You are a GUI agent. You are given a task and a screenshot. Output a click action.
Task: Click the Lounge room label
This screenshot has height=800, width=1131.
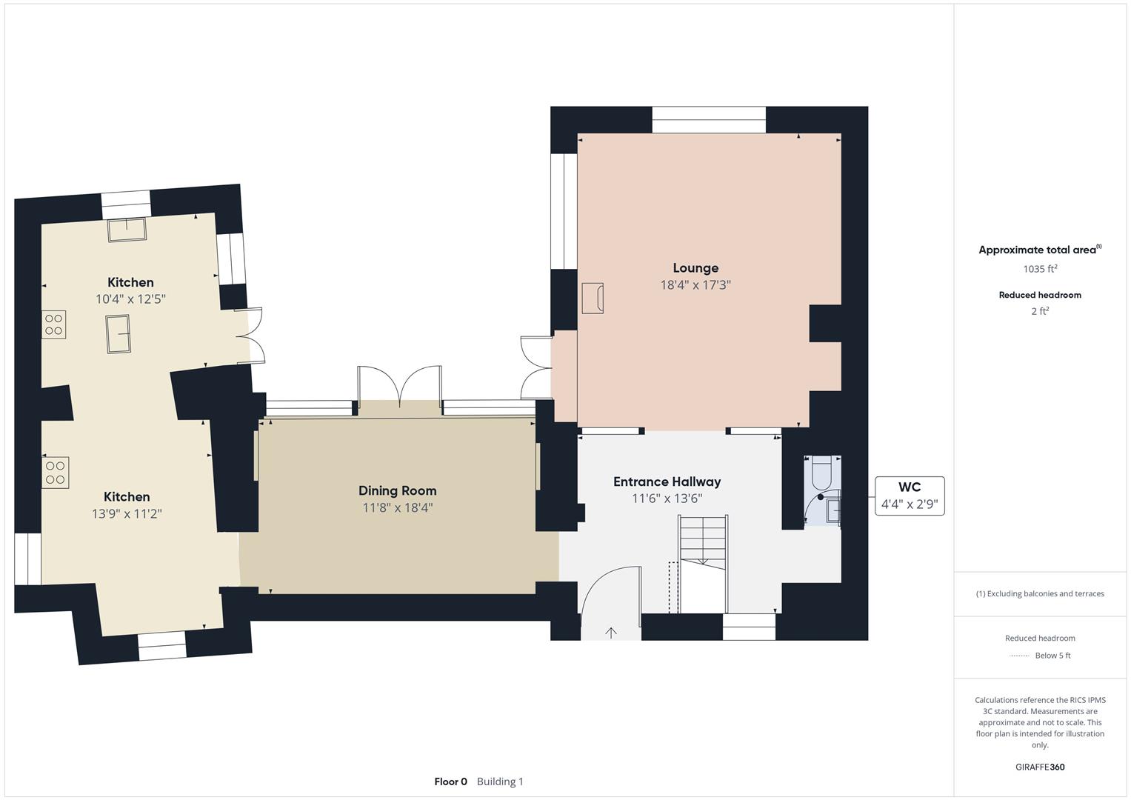tap(695, 267)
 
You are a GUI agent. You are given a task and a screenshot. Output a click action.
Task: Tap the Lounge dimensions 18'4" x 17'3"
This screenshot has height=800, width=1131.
tap(695, 285)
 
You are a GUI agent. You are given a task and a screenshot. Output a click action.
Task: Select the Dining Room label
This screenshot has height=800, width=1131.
tap(397, 490)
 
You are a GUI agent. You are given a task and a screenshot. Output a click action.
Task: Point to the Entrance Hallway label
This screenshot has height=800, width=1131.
tap(667, 481)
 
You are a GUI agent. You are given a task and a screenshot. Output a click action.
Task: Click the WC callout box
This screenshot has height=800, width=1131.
tap(910, 496)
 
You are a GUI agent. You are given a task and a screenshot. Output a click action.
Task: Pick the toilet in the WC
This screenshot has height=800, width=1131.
tap(821, 473)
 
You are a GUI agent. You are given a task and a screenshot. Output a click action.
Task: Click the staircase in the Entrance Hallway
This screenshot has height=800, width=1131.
tap(703, 564)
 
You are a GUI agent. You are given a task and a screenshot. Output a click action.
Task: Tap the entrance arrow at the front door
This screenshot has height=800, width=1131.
tap(611, 633)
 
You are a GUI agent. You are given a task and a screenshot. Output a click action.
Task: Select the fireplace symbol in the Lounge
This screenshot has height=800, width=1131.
tap(593, 298)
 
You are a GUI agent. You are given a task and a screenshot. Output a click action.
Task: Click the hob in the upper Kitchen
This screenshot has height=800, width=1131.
tap(53, 324)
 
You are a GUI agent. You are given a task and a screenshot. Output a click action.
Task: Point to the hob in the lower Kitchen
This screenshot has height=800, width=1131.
tap(55, 473)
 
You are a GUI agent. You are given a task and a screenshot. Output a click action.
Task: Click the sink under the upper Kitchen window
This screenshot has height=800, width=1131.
tap(127, 230)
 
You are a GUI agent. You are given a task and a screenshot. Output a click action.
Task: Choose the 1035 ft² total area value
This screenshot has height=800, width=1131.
tap(1040, 269)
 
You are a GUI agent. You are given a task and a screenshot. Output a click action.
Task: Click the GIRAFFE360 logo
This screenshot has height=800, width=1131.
tap(1040, 767)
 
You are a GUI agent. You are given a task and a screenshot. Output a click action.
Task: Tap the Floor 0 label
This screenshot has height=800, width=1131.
tap(450, 781)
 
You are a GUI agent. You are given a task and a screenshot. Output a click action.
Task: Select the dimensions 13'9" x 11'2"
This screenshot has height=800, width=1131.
tap(127, 513)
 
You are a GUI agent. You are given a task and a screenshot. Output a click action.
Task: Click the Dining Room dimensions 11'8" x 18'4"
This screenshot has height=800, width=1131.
tap(397, 507)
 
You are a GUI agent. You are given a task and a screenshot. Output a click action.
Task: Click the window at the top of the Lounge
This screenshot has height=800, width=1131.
tap(709, 120)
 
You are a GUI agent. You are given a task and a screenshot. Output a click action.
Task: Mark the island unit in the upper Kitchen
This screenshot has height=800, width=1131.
tap(119, 334)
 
